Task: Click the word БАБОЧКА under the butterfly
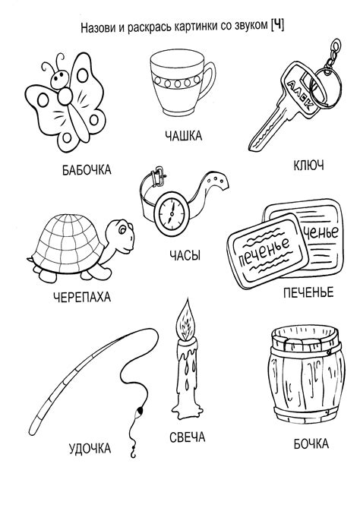tap(87, 170)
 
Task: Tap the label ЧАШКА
tap(183, 135)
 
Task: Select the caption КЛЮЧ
tap(308, 166)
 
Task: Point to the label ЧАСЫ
tap(185, 255)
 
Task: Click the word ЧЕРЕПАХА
tap(82, 297)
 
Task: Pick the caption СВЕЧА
tap(188, 437)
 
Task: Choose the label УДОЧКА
tap(90, 449)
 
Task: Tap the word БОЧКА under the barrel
tap(311, 443)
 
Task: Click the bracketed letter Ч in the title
tap(277, 25)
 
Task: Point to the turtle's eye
tap(122, 230)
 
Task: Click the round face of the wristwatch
tap(172, 213)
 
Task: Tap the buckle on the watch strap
tap(158, 175)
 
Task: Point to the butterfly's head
tap(61, 79)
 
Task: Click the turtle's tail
tap(30, 259)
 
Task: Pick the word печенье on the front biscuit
tap(264, 249)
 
